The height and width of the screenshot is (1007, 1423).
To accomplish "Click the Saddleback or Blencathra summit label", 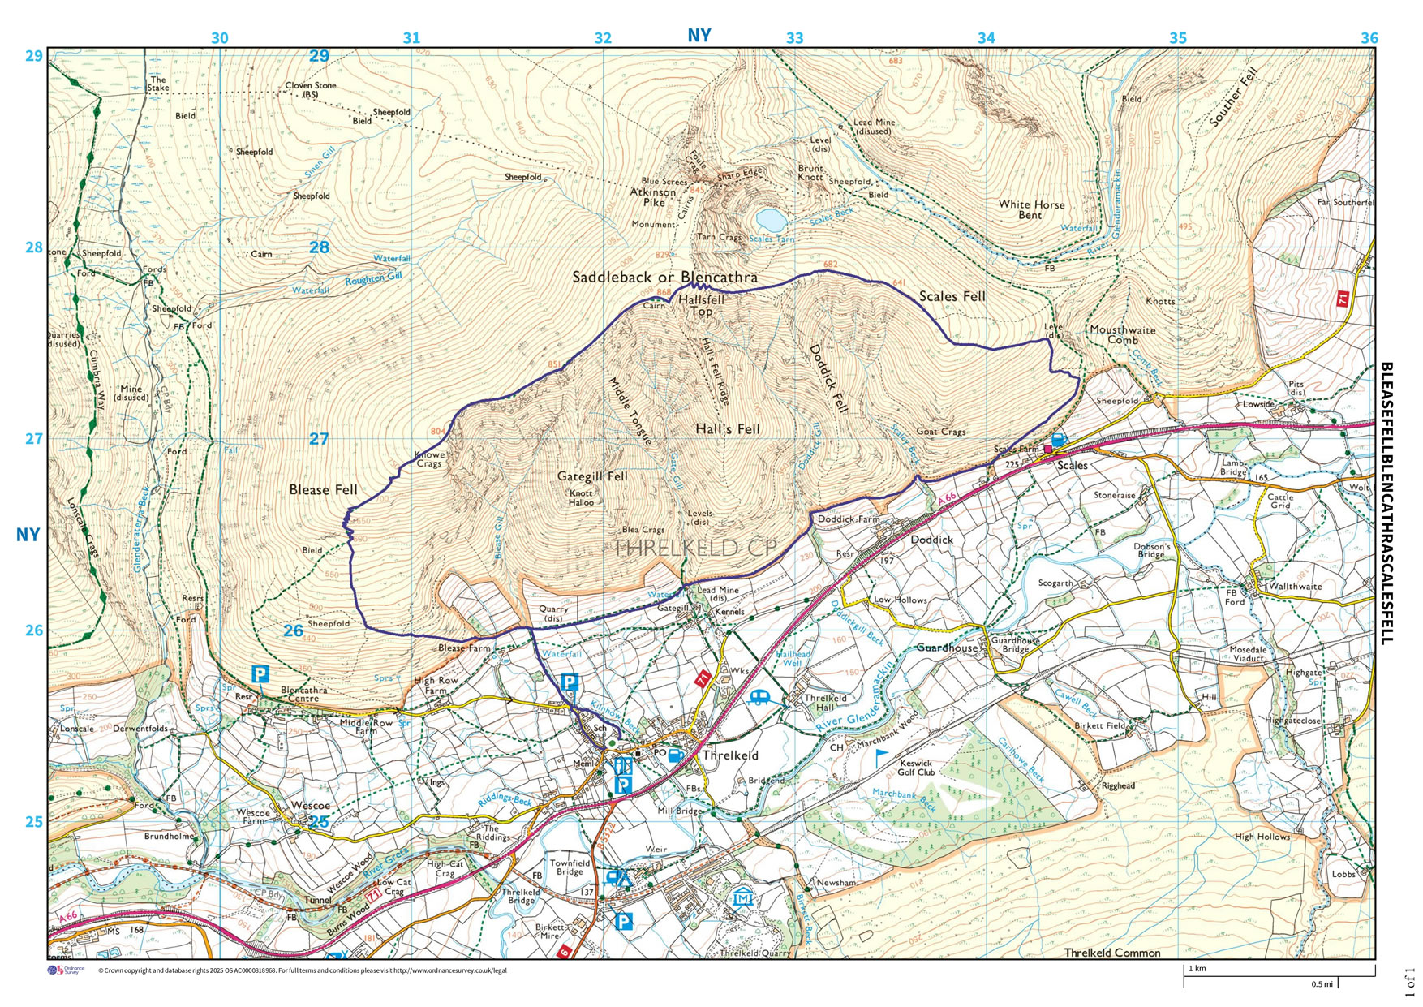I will [664, 278].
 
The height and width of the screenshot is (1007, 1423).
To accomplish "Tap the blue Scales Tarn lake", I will [769, 219].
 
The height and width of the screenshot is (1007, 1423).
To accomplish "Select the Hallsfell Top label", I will [701, 305].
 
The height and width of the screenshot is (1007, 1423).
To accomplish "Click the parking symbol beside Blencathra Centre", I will [260, 674].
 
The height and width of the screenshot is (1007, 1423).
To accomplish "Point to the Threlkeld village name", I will [730, 755].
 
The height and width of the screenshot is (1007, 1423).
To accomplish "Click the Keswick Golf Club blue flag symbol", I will [882, 757].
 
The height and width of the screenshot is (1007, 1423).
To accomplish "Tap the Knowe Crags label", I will [429, 459].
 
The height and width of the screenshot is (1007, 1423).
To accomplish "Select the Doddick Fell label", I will [828, 378].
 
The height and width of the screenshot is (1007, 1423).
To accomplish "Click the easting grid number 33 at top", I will [794, 38].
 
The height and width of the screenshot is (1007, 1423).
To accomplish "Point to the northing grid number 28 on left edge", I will [33, 247].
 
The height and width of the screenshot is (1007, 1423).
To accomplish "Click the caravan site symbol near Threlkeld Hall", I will [761, 697].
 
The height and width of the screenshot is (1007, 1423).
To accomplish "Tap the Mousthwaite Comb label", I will [1122, 334].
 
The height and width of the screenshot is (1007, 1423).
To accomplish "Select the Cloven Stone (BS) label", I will [310, 90].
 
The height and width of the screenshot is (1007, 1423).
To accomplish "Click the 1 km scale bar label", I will [1197, 969].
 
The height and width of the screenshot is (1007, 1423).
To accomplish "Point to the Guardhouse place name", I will [947, 648].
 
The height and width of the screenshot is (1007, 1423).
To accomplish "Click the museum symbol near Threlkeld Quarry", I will [742, 897].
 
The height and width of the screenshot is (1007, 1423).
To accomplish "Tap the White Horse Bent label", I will [1031, 209].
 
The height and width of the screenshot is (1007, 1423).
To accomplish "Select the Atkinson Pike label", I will [653, 197].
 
